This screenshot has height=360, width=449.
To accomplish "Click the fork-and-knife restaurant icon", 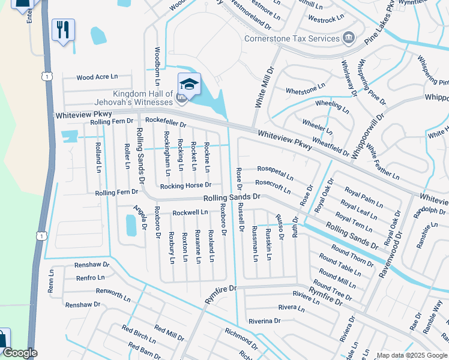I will (x=63, y=29).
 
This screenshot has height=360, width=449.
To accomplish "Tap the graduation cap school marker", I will (x=189, y=85).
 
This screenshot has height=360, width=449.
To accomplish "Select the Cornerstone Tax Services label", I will (x=292, y=39).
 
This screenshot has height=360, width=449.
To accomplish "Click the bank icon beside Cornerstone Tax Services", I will (x=348, y=39).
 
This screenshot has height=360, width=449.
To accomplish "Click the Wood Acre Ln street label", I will (x=97, y=77).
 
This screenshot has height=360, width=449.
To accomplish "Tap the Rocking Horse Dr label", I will (x=190, y=185).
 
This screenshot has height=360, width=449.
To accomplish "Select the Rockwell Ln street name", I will (x=190, y=212).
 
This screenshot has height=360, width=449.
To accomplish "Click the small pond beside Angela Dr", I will (x=131, y=226).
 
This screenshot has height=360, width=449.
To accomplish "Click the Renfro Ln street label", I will (x=90, y=278).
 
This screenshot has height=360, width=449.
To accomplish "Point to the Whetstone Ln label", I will (x=305, y=91).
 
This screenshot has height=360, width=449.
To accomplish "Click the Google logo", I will (x=20, y=353).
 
